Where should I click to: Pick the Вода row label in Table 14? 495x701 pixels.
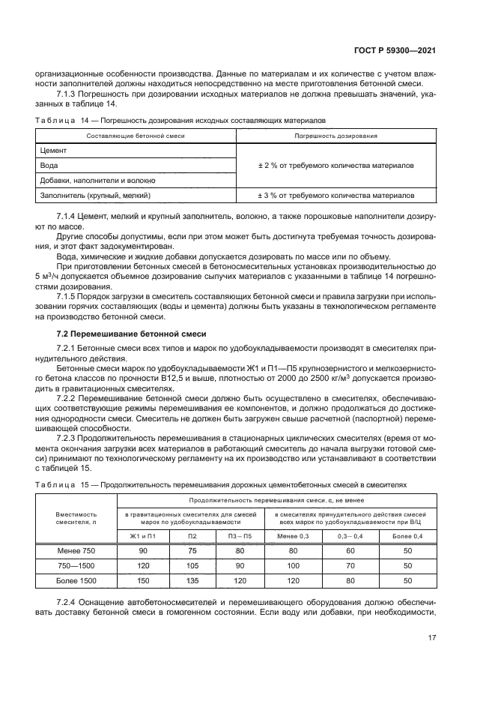coord(49,165)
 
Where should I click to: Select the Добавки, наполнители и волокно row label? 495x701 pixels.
coord(97,180)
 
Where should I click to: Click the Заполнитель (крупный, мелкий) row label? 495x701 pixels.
coord(95,195)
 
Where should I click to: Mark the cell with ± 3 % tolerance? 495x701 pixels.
coord(335,195)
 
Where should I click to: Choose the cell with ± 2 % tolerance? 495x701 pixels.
coord(335,165)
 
